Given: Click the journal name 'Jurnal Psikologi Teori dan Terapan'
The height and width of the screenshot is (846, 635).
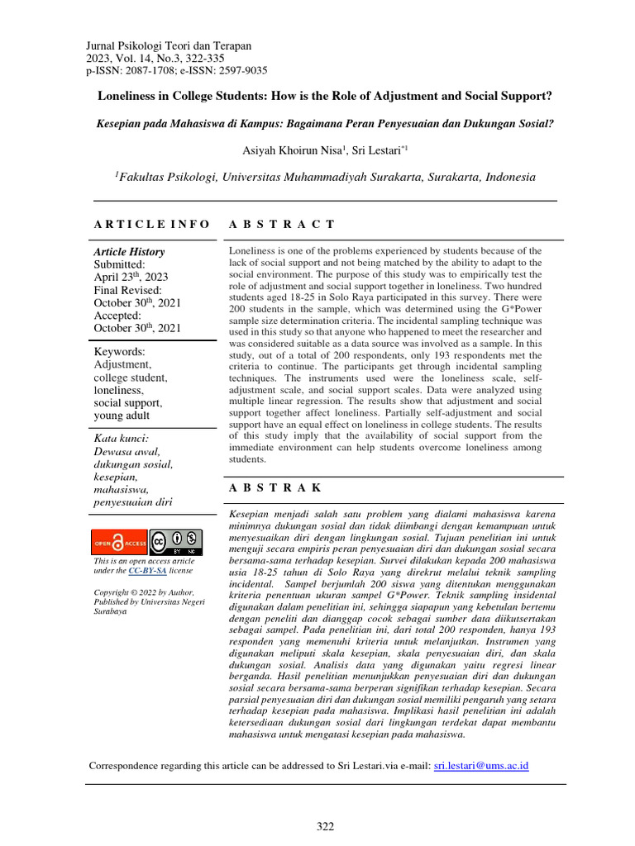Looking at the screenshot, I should [169, 46].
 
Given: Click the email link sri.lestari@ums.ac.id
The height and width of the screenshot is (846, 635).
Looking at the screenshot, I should [481, 766].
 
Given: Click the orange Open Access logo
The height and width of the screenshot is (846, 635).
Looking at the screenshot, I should [117, 542].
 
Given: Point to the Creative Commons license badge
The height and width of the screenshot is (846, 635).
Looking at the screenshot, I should [175, 542].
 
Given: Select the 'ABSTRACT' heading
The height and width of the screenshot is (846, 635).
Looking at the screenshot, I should [281, 224].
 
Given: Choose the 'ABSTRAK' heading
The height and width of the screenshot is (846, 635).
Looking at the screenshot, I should [275, 488].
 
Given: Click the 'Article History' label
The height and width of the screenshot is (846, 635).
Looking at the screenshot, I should [129, 252].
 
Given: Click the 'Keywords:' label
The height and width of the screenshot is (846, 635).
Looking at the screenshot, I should [119, 351].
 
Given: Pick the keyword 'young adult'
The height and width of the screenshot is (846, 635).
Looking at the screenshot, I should [122, 416].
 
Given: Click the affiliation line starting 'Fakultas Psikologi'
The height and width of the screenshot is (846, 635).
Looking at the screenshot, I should [314, 177].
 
